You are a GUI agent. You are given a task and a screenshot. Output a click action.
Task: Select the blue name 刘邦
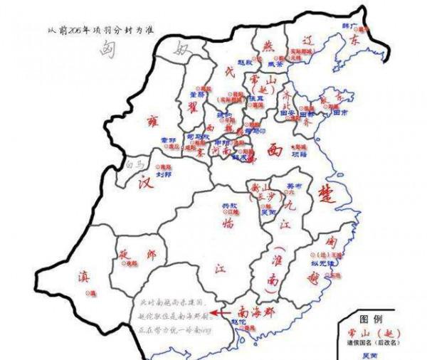click(164, 172)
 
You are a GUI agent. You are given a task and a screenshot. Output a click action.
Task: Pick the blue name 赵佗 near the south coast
click(240, 322)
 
